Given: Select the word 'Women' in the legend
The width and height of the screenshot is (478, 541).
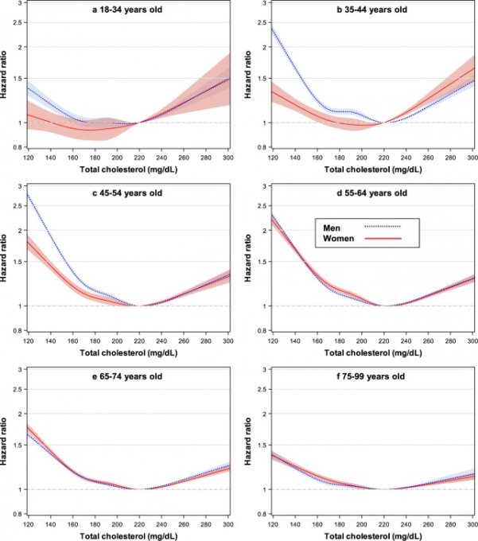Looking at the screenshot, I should tap(339, 238).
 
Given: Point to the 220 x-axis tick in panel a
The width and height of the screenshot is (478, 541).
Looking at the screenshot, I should tap(138, 159).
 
